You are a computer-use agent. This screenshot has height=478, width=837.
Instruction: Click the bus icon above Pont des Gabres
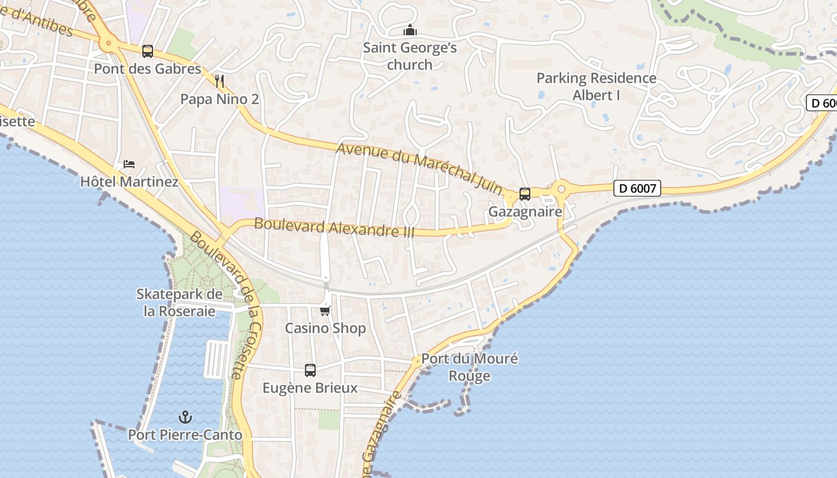148,51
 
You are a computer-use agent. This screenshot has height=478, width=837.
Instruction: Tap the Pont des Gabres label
148,69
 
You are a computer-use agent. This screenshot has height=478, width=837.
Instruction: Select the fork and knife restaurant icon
220,81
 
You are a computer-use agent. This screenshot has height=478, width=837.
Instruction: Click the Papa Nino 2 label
220,99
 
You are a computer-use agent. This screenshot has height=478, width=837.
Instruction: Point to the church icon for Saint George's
410,30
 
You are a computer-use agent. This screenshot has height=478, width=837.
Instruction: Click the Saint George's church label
410,56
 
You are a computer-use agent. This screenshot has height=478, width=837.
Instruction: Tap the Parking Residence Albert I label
596,87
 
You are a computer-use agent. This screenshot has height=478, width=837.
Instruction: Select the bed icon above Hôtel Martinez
129,164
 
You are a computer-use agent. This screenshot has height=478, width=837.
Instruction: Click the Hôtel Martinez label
129,182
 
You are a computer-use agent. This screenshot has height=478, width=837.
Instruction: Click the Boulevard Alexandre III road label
334,227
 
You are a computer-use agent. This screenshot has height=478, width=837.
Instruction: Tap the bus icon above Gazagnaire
525,194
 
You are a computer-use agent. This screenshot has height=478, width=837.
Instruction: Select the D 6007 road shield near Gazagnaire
637,189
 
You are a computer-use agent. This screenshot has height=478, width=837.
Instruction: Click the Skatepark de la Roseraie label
179,302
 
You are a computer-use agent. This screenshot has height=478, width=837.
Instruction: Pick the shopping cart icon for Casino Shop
325,311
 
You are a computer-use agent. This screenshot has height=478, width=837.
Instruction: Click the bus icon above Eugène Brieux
310,370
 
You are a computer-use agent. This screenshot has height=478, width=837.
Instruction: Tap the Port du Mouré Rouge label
470,367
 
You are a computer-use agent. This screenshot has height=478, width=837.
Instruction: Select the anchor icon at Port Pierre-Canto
185,416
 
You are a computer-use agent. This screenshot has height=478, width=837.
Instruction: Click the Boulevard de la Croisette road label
227,305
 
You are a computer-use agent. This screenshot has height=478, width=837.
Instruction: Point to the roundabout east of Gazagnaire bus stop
561,189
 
